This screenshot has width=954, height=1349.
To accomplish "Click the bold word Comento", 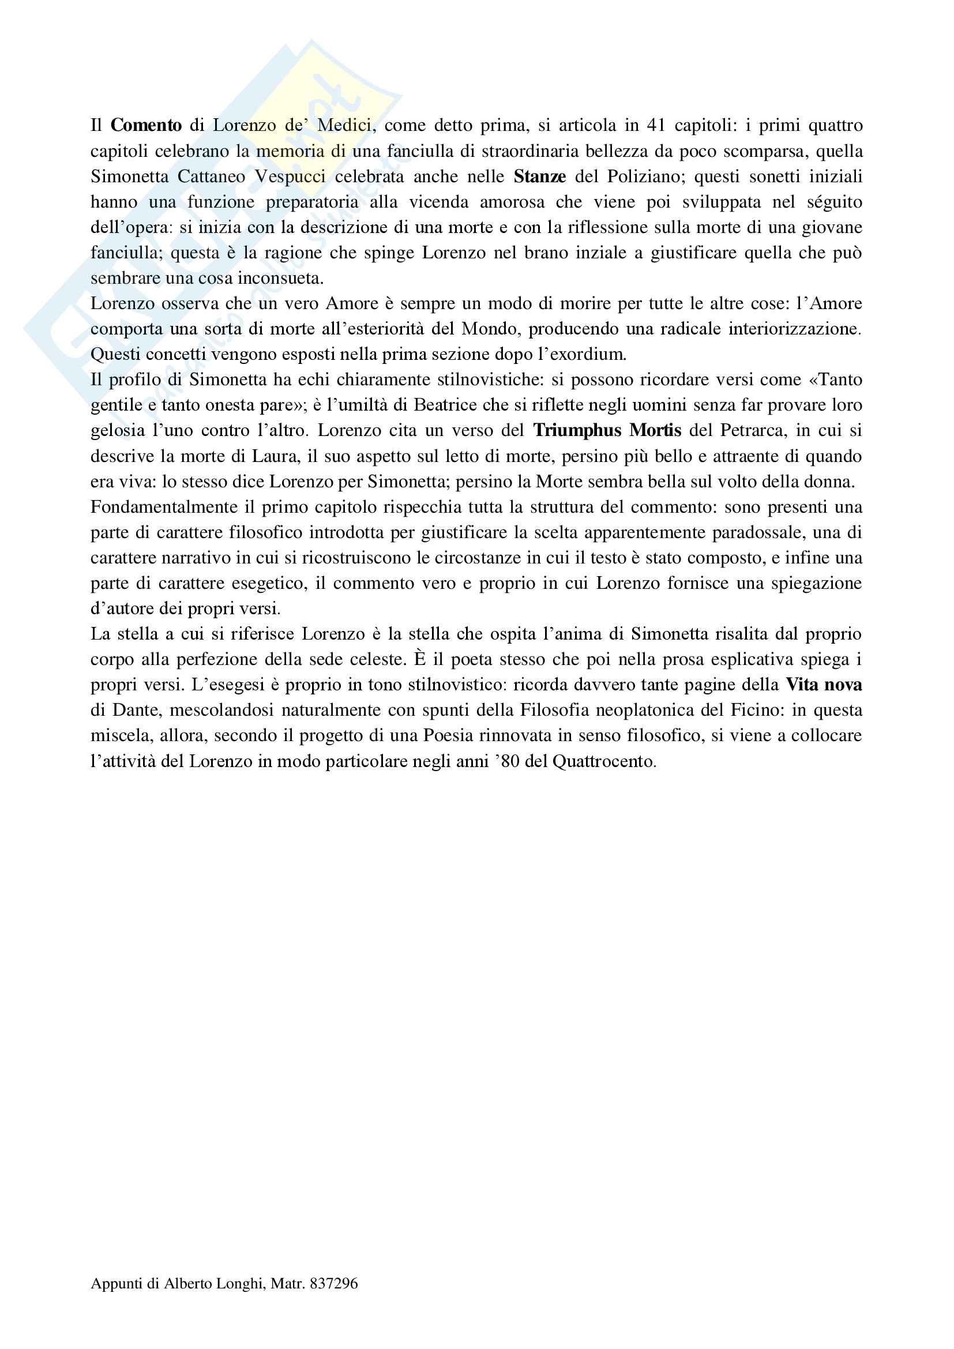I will tap(147, 125).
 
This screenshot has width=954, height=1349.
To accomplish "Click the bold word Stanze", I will tap(540, 176).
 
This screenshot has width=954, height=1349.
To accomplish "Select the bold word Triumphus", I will tap(577, 430).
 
